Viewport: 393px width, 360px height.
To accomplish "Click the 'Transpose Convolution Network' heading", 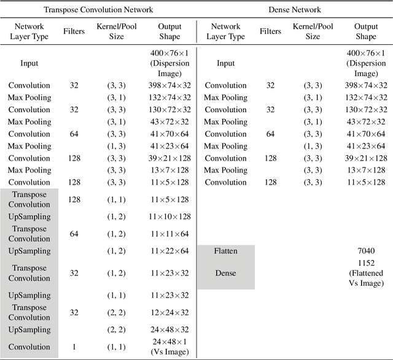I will point(99,10).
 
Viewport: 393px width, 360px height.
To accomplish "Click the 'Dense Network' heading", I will point(295,10).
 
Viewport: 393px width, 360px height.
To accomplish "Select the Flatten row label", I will point(225,251).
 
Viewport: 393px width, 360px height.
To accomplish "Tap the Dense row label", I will point(225,273).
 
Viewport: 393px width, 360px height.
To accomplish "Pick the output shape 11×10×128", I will point(169,216).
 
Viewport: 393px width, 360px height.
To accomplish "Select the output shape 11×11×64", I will point(169,234).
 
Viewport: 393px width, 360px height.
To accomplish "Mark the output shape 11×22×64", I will point(169,251).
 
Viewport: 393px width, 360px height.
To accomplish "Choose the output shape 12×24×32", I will point(169,312).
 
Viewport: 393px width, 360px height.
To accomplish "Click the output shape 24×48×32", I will point(169,329).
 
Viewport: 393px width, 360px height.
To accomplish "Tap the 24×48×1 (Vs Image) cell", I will point(169,347).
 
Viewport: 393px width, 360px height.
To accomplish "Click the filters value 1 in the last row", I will point(74,347).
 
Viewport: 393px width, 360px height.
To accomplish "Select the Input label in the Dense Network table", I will point(225,63).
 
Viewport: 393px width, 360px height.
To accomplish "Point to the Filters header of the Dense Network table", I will point(270,32).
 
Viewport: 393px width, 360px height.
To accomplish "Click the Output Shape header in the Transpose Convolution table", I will point(169,32).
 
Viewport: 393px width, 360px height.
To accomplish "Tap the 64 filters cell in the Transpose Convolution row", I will point(74,234).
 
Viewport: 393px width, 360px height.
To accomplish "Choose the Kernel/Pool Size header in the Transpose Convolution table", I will point(116,32).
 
